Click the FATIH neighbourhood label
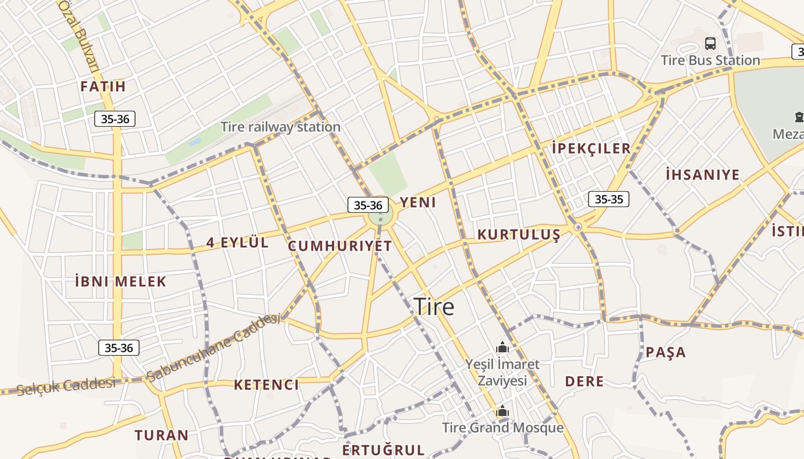103,87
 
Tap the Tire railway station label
280,127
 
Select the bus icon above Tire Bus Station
710,43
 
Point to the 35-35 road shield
609,199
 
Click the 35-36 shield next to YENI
368,205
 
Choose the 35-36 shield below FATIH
115,119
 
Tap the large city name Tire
434,307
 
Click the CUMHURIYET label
340,247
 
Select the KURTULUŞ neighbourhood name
519,235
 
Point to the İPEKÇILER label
591,148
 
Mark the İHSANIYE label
702,174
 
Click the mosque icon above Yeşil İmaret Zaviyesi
502,347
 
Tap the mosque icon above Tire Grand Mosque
502,411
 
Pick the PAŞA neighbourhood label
666,352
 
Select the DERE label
584,382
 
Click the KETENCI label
266,385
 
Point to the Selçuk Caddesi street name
66,386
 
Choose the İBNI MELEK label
121,282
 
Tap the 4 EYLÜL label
237,243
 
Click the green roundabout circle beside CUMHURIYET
380,217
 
